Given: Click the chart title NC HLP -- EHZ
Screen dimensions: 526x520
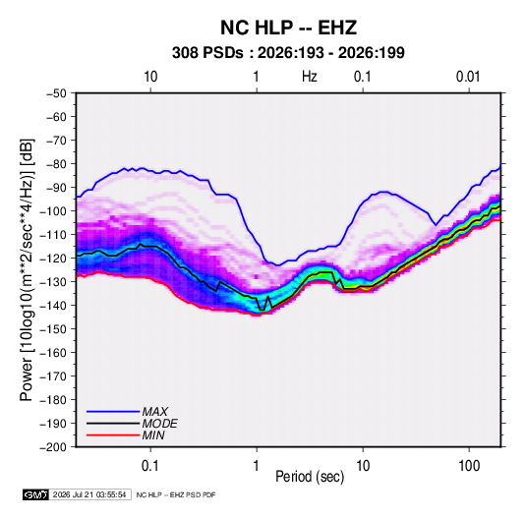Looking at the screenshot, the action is point(288,28).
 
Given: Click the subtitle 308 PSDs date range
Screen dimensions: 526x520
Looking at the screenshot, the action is point(288,53).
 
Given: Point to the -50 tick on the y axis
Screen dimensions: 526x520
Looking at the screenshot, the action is point(56,93).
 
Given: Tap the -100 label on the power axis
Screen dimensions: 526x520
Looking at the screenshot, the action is point(53,211).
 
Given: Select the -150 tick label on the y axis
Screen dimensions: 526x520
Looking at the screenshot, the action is point(53,329).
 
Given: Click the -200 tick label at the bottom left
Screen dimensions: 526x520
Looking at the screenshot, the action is point(53,447).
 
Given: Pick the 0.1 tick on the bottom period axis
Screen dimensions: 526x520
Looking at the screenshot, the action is point(150,466).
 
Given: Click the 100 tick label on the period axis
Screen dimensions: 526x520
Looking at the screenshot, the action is point(469,466).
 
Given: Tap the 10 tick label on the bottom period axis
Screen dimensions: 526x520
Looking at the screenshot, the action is point(363,466).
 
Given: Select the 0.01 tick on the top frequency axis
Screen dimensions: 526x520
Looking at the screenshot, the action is point(468,77).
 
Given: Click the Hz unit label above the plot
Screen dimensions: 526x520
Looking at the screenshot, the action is point(310,77).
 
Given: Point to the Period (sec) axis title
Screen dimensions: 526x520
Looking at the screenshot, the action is point(310,477).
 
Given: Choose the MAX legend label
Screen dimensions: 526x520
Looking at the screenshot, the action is point(155,412).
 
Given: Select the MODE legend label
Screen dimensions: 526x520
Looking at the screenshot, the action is point(159,424).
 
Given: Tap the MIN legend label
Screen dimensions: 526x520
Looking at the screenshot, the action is point(153,435).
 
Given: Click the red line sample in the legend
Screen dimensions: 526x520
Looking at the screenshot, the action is point(113,435).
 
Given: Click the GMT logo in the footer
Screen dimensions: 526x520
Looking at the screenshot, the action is point(36,494).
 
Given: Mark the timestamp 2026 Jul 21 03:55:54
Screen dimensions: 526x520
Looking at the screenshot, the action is point(89,494).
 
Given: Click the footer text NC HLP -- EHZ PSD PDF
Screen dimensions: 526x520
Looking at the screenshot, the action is point(176,494).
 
